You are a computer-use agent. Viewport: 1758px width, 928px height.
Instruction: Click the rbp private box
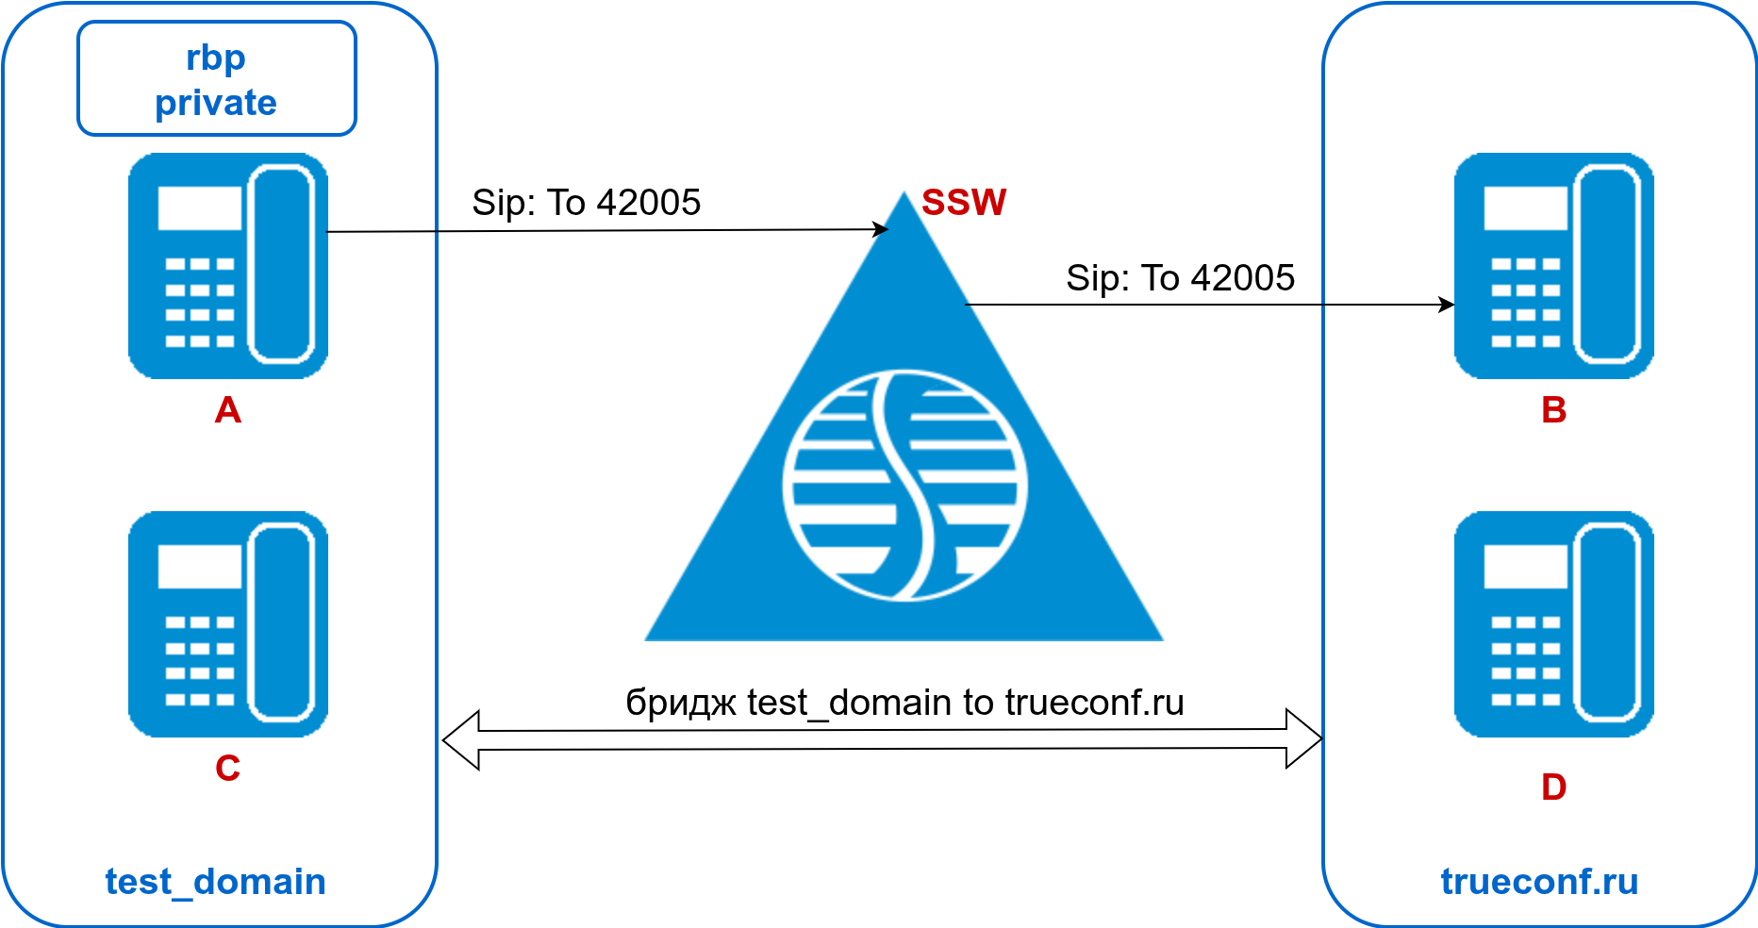click(x=216, y=79)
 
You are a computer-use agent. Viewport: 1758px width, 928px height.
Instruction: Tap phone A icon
click(x=227, y=266)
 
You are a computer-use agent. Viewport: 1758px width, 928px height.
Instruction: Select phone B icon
click(x=1553, y=266)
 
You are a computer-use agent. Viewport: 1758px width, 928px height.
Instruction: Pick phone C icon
click(x=227, y=624)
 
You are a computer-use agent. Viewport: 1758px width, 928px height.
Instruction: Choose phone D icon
click(x=1553, y=624)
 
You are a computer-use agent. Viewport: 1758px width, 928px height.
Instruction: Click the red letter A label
click(x=227, y=410)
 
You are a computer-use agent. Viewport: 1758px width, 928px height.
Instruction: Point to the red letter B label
click(x=1553, y=410)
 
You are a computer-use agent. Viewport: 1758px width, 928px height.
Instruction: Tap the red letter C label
click(x=227, y=769)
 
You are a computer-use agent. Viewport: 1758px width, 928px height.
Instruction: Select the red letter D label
click(x=1553, y=787)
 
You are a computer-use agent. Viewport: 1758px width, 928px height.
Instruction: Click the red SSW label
click(x=963, y=203)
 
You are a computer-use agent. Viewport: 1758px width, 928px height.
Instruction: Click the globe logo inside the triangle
click(x=904, y=486)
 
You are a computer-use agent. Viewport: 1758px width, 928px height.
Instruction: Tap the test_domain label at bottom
click(x=215, y=882)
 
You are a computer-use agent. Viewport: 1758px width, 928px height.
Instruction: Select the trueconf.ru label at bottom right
click(x=1539, y=882)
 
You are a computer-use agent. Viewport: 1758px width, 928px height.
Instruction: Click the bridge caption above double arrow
click(x=904, y=703)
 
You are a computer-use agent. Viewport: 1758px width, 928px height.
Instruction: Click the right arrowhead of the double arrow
click(x=1303, y=738)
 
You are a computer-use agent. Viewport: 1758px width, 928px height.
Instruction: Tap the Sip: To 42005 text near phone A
click(x=586, y=203)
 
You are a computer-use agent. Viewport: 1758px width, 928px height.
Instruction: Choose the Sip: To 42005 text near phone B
click(x=1180, y=278)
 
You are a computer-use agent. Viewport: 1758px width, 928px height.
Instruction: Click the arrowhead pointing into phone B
click(x=1446, y=305)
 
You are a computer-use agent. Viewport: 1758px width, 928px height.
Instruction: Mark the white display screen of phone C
click(x=199, y=567)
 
